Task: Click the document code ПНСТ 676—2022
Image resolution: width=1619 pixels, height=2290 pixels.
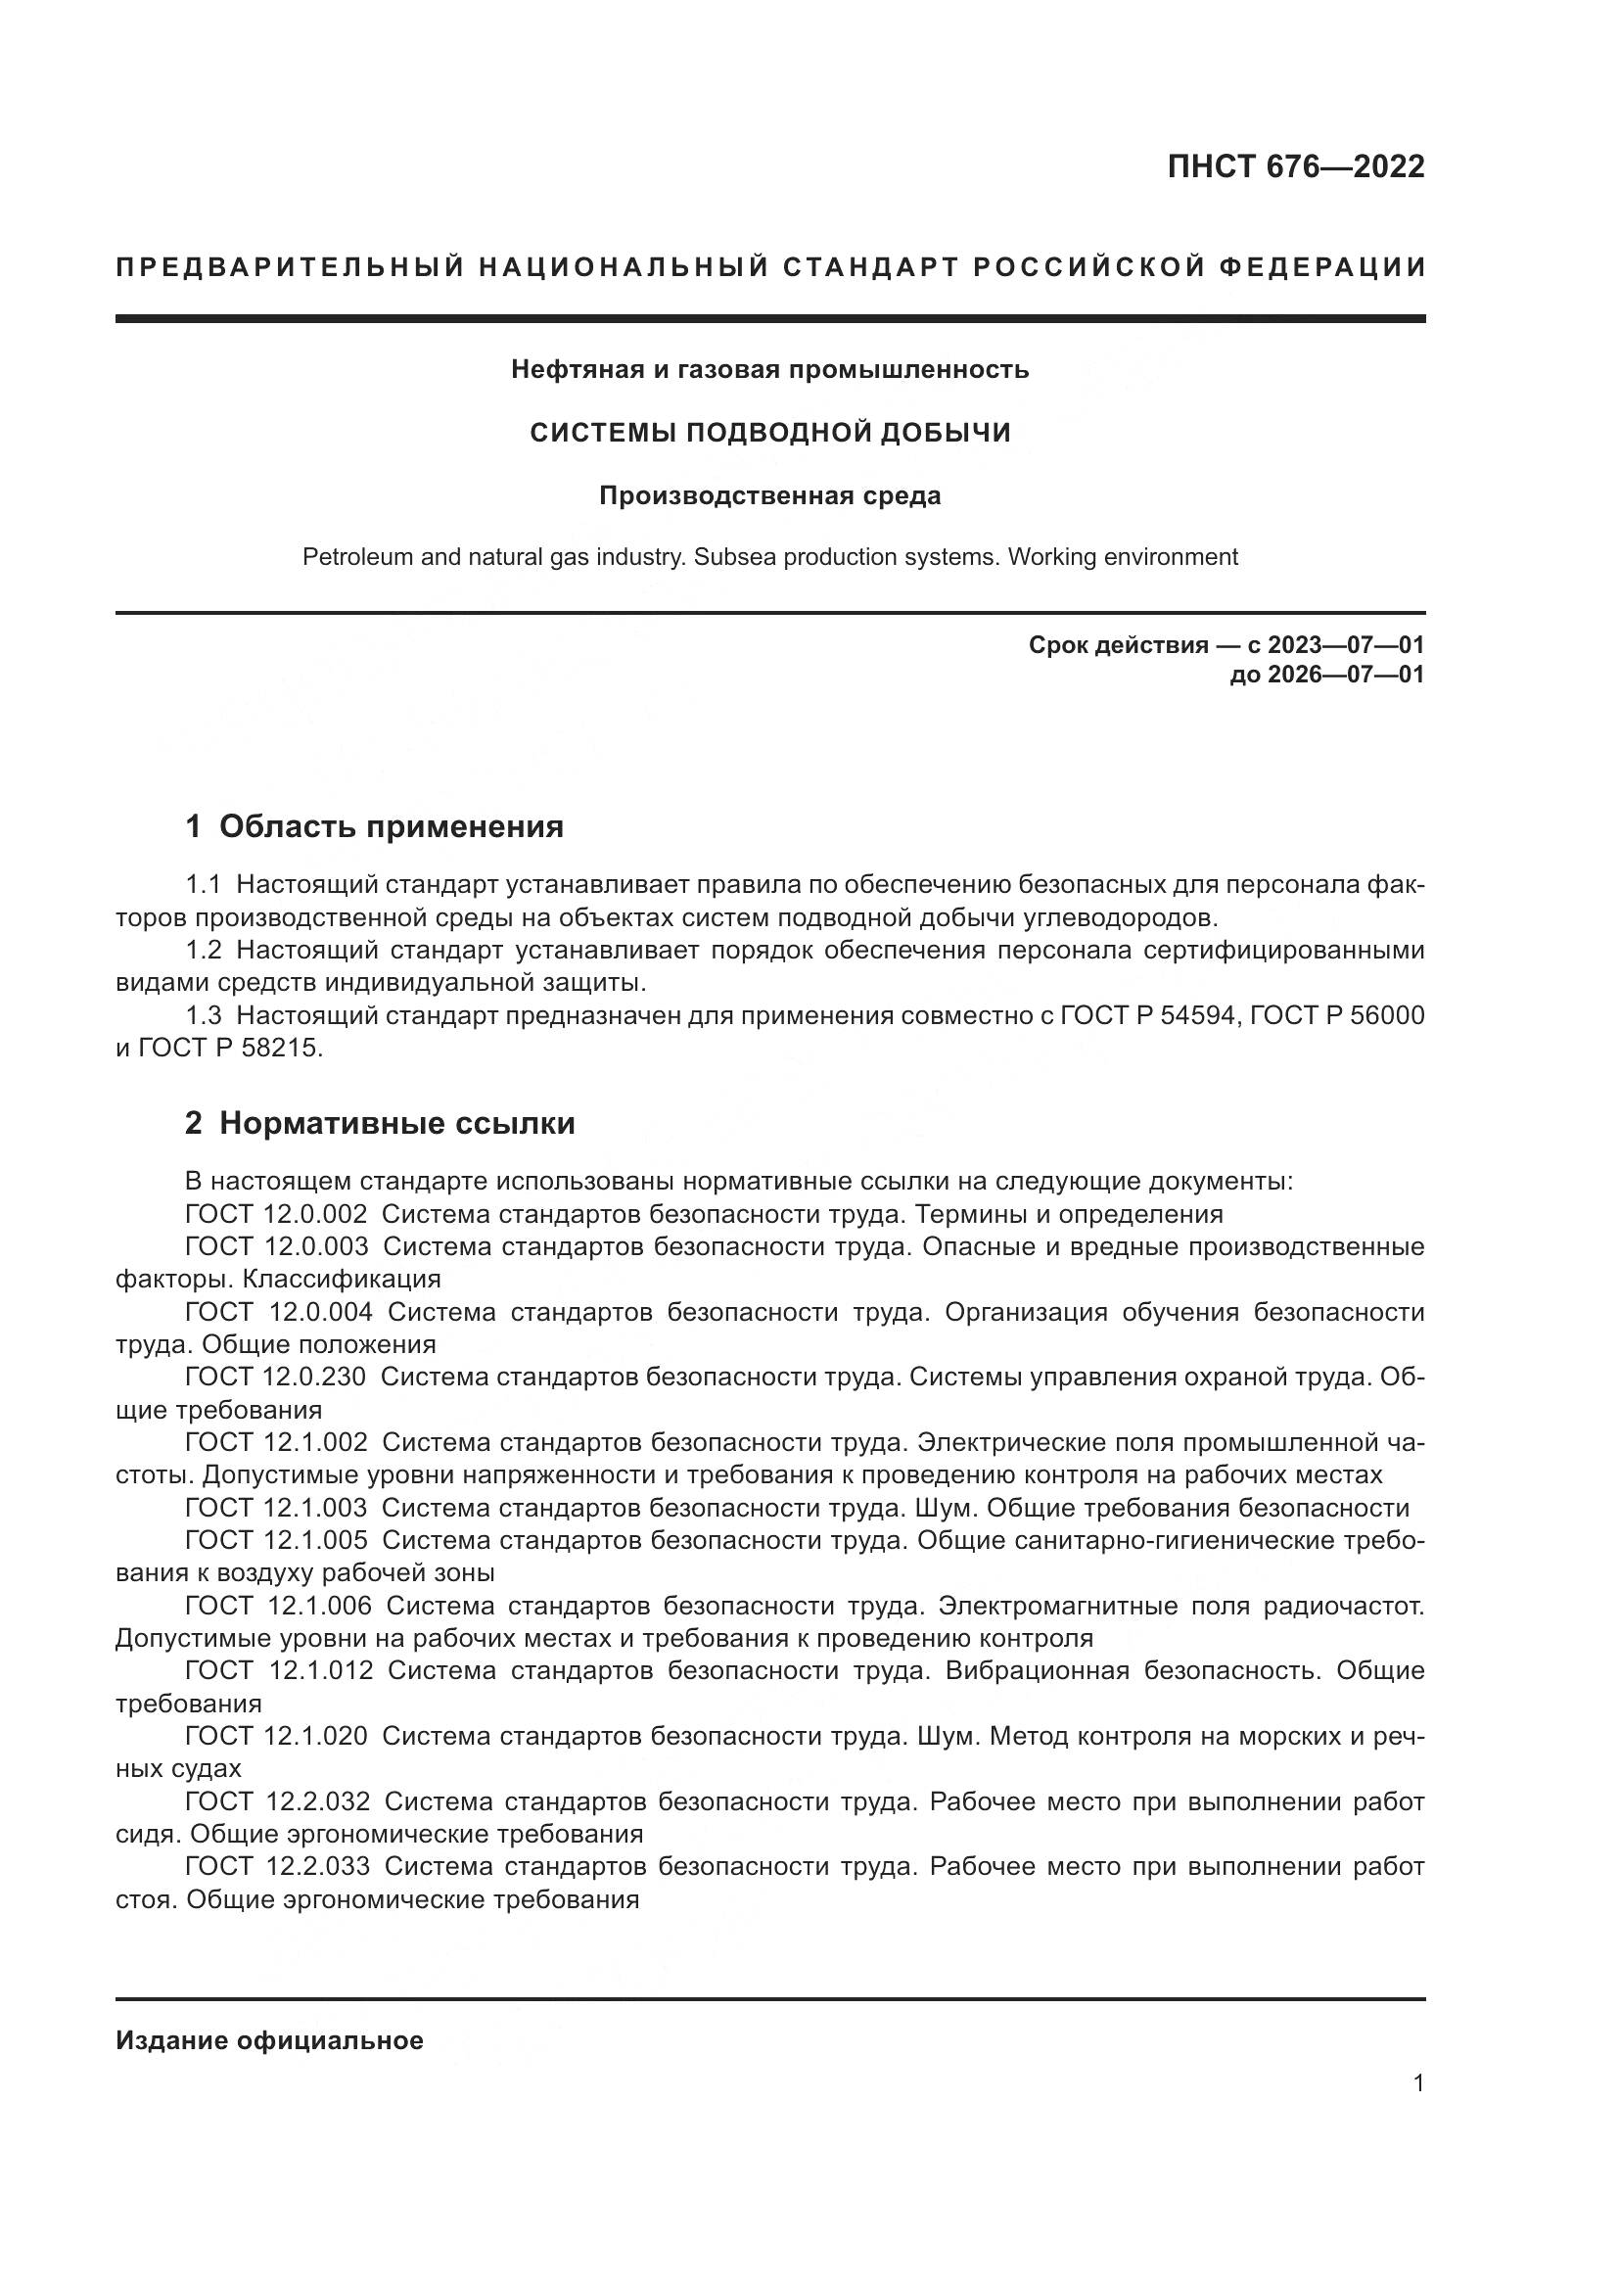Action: tap(1295, 166)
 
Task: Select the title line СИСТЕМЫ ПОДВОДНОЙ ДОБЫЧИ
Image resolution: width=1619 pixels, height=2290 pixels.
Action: tap(769, 433)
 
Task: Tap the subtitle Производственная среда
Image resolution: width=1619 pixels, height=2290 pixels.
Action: tap(769, 495)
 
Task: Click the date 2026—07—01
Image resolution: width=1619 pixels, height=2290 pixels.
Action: tap(1345, 676)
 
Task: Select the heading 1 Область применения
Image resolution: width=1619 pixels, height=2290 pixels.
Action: tap(375, 827)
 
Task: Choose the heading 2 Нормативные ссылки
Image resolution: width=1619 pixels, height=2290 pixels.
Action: tap(380, 1124)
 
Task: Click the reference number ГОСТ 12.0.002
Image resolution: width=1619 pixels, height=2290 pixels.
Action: tap(276, 1215)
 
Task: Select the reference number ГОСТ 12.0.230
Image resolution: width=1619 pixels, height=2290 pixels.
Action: tap(275, 1378)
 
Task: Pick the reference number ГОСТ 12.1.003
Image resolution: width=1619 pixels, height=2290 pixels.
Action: tap(276, 1508)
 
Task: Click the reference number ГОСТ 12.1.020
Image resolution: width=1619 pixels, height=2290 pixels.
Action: tap(276, 1737)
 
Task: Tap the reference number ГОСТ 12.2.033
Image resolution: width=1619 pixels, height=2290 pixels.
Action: tap(277, 1866)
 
